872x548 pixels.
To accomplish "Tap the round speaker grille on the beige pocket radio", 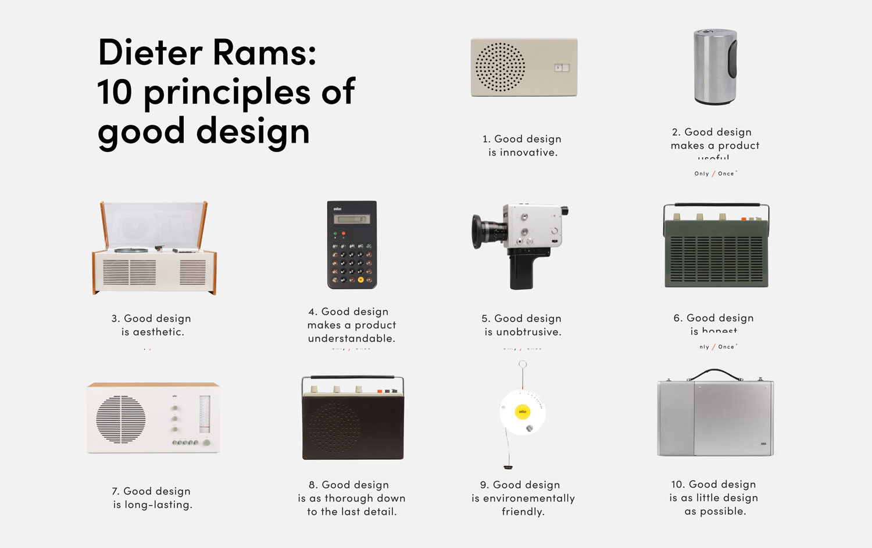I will point(500,67).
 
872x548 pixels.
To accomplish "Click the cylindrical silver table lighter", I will point(715,67).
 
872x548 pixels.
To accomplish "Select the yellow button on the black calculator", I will point(360,280).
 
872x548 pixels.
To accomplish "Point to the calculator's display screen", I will point(352,219).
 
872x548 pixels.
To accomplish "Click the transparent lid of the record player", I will point(154,223).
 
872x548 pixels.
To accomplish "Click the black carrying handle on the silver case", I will point(714,373).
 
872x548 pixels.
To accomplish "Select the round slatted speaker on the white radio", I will point(121,420).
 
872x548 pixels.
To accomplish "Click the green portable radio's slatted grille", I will point(716,258).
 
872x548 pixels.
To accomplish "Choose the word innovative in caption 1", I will point(528,153).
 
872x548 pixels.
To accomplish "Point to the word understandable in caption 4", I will point(352,338).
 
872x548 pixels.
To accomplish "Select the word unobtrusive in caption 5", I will point(528,332).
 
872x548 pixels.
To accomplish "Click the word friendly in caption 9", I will point(523,511).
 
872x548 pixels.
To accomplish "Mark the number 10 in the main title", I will point(115,93).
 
